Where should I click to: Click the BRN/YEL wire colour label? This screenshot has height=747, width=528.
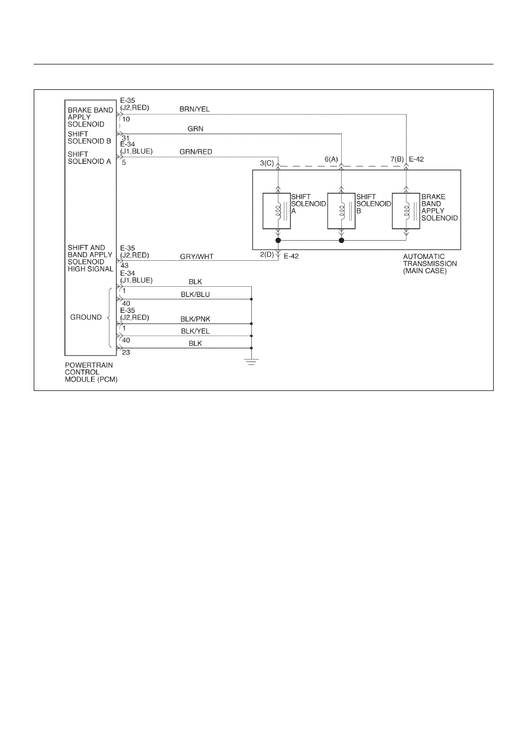click(195, 109)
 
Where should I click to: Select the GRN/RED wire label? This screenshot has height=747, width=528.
click(196, 152)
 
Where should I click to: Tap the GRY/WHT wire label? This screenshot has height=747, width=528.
click(197, 257)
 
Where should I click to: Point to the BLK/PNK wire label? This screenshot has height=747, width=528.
click(195, 319)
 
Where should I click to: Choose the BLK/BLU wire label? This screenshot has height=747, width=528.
click(195, 295)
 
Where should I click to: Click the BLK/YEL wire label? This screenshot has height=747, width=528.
click(195, 331)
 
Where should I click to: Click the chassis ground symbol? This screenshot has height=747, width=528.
click(251, 362)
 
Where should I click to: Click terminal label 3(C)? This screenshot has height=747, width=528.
click(267, 163)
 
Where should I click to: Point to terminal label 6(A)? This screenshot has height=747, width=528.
click(331, 160)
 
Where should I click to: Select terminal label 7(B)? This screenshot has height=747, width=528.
click(397, 160)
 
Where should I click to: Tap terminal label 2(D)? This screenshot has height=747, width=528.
click(267, 254)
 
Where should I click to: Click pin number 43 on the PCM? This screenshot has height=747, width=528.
click(124, 266)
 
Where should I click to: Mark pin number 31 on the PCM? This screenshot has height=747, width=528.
click(126, 138)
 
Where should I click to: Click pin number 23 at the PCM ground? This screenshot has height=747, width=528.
click(126, 353)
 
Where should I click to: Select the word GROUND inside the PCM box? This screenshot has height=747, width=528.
click(86, 317)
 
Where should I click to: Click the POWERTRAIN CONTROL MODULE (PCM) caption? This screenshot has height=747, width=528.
click(91, 372)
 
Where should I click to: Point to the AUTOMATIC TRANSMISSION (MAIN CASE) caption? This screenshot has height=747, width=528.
click(430, 263)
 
